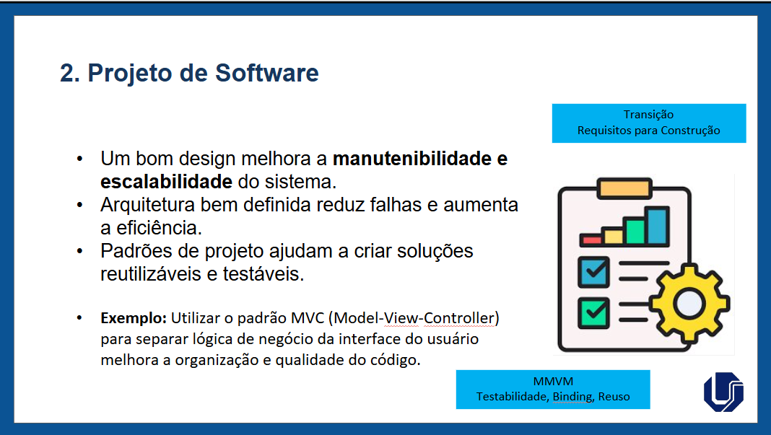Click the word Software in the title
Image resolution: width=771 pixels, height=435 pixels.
tap(266, 73)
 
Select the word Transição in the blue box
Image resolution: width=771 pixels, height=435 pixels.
tap(648, 115)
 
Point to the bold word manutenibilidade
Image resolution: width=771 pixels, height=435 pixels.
tap(412, 159)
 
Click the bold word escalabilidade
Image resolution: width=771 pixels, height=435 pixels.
tap(166, 182)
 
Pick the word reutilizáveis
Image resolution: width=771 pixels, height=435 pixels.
tap(152, 274)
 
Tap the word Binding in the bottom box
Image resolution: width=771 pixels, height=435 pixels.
tap(572, 397)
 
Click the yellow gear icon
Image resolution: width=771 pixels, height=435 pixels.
tap(689, 303)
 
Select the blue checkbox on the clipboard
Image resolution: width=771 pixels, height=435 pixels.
tap(593, 272)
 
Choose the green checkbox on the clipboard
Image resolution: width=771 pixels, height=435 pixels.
tap(593, 312)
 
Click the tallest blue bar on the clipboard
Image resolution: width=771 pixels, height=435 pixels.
tap(658, 226)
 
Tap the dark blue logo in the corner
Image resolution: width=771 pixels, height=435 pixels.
tap(724, 392)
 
